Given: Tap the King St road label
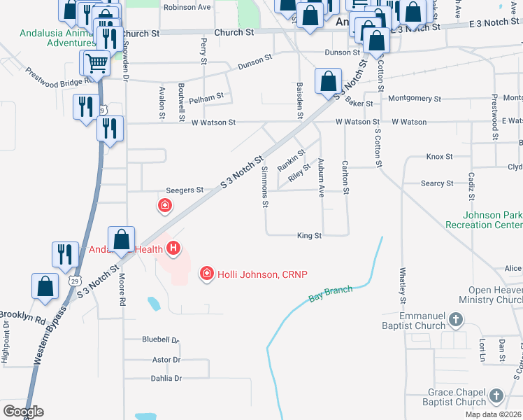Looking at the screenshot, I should click(x=308, y=236).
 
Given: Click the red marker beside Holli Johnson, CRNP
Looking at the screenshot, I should click(x=206, y=273).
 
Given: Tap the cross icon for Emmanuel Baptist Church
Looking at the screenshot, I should click(x=456, y=321).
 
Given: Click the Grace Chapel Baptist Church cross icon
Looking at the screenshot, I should click(x=496, y=397).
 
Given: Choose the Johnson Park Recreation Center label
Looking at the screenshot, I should click(x=492, y=220).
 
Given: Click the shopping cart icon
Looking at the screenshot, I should click(x=96, y=63).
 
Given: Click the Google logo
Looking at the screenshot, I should click(x=23, y=412).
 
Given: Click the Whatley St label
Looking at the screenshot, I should click(x=403, y=284).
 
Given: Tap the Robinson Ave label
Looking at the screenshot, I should click(x=187, y=8).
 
